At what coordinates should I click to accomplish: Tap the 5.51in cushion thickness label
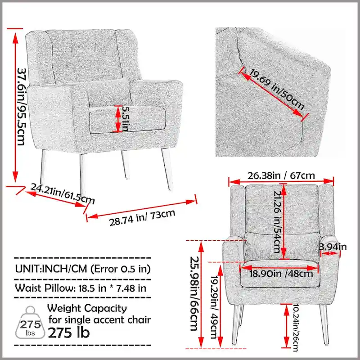tap(127, 119)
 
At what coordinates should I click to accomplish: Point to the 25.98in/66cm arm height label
tap(194, 293)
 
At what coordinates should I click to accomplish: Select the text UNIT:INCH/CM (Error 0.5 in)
tap(82, 269)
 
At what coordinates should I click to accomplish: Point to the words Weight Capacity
tap(87, 309)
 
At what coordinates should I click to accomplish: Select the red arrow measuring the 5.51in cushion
tap(117, 119)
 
